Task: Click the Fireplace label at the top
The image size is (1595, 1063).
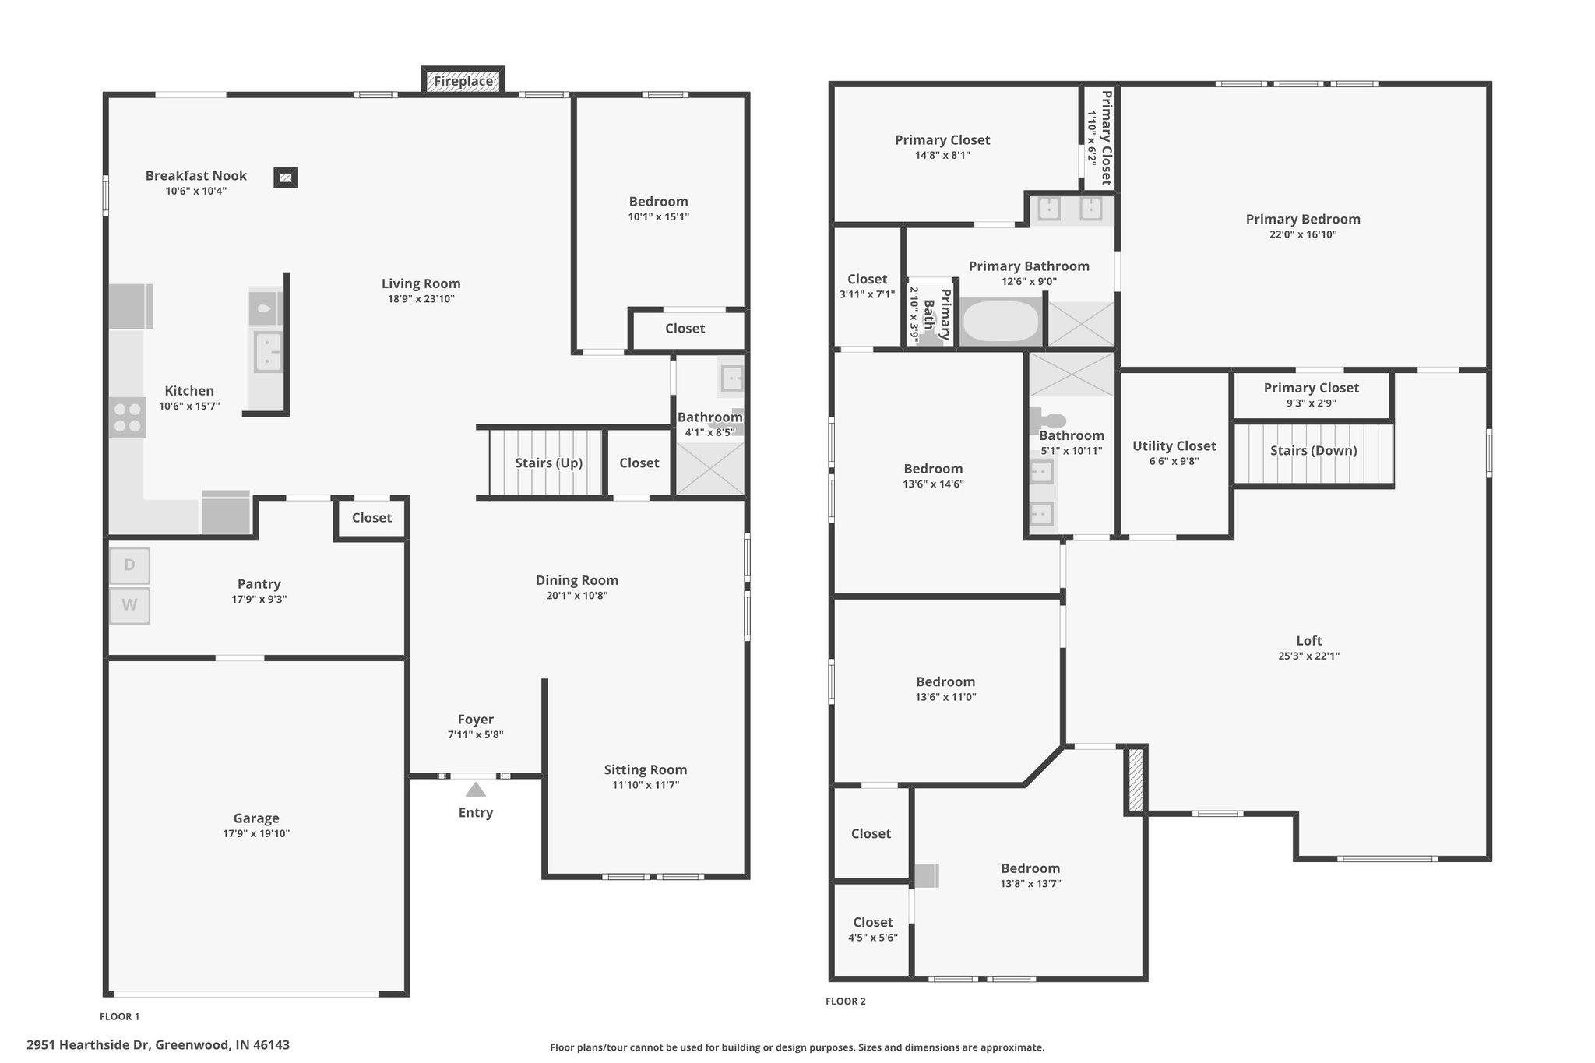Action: (x=463, y=81)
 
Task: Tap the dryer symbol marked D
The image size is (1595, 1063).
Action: (x=129, y=565)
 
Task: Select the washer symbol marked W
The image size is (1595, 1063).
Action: (x=129, y=605)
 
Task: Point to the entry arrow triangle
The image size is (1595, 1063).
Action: (x=476, y=790)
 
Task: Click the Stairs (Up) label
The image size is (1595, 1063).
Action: (x=549, y=463)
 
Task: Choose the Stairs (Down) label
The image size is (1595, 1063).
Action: (x=1314, y=450)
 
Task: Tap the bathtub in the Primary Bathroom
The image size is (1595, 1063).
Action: (x=1002, y=320)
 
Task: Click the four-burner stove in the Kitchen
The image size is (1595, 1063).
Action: (x=127, y=417)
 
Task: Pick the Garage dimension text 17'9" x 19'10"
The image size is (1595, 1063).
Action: (x=256, y=833)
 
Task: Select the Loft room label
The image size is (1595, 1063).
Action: (x=1309, y=640)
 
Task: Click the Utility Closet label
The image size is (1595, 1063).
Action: (x=1174, y=445)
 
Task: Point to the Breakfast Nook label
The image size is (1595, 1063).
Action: (x=196, y=176)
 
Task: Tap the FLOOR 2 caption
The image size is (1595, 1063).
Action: (x=846, y=1001)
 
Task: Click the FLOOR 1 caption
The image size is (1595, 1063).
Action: (x=120, y=1016)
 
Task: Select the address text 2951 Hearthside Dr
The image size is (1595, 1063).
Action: (x=89, y=1045)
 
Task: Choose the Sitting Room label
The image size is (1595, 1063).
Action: (x=646, y=769)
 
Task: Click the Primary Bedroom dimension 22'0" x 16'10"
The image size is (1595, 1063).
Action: (x=1303, y=234)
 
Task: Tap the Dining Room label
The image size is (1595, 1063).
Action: (x=577, y=580)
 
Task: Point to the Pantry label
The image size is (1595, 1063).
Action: (x=259, y=584)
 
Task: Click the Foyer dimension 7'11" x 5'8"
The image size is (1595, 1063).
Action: (x=476, y=734)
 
